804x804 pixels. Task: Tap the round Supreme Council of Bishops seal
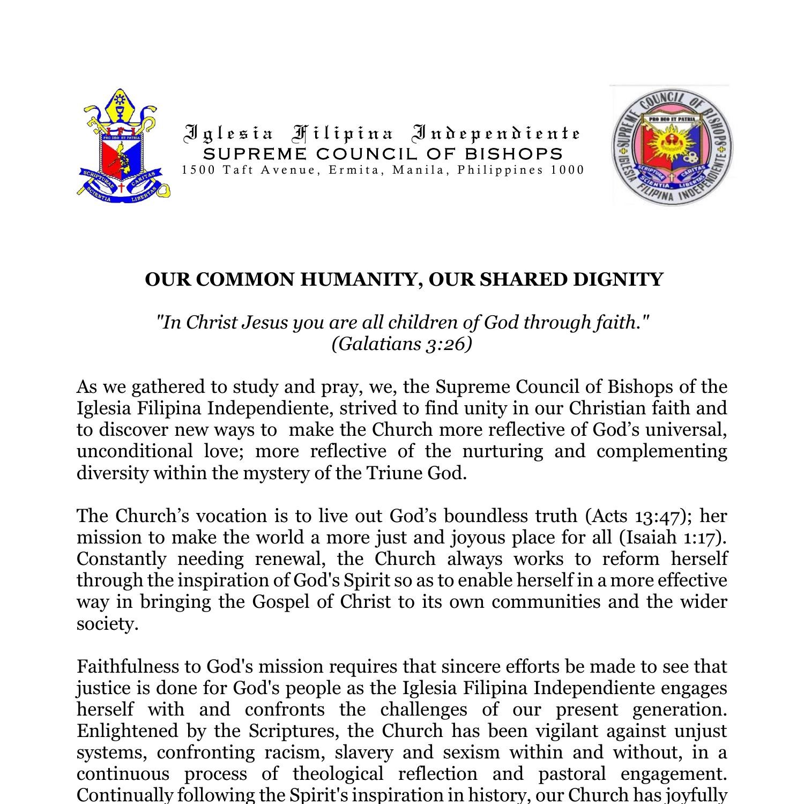click(x=672, y=146)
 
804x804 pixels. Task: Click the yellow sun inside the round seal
click(x=668, y=144)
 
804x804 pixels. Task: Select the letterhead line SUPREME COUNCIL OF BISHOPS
click(x=383, y=154)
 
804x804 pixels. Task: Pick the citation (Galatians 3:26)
click(x=401, y=344)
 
